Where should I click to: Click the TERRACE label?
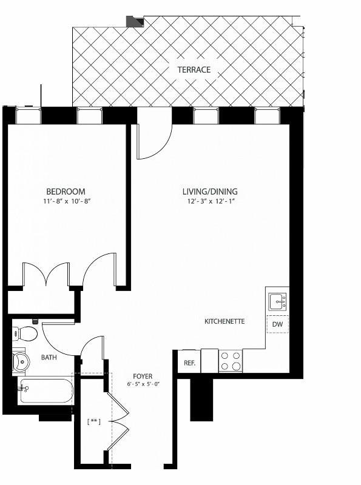194,70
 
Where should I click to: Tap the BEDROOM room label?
66,191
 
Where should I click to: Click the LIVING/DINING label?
210,192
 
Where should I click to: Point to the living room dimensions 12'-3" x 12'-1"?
210,201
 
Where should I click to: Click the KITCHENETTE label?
224,321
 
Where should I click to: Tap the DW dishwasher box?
277,324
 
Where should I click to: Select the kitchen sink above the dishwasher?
278,301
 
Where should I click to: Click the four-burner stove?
230,361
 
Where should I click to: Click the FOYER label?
143,376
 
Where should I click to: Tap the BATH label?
49,358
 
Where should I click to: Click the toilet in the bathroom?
24,333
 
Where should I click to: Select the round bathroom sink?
21,362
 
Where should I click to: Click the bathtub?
45,391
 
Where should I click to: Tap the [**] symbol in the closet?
93,420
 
